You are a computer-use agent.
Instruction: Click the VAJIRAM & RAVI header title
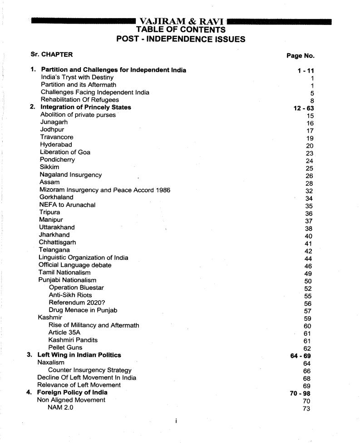(x=181, y=21)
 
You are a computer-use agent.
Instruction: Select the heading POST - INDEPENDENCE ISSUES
(x=181, y=39)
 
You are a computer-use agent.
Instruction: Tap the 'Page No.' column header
(x=300, y=56)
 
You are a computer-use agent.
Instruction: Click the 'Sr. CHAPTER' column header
(x=51, y=55)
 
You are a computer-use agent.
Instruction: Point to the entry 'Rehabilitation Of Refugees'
(x=80, y=100)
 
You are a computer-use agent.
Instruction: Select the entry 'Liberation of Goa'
(x=65, y=152)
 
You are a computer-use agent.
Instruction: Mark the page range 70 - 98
(x=300, y=393)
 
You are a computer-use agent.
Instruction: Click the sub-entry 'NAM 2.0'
(x=60, y=407)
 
